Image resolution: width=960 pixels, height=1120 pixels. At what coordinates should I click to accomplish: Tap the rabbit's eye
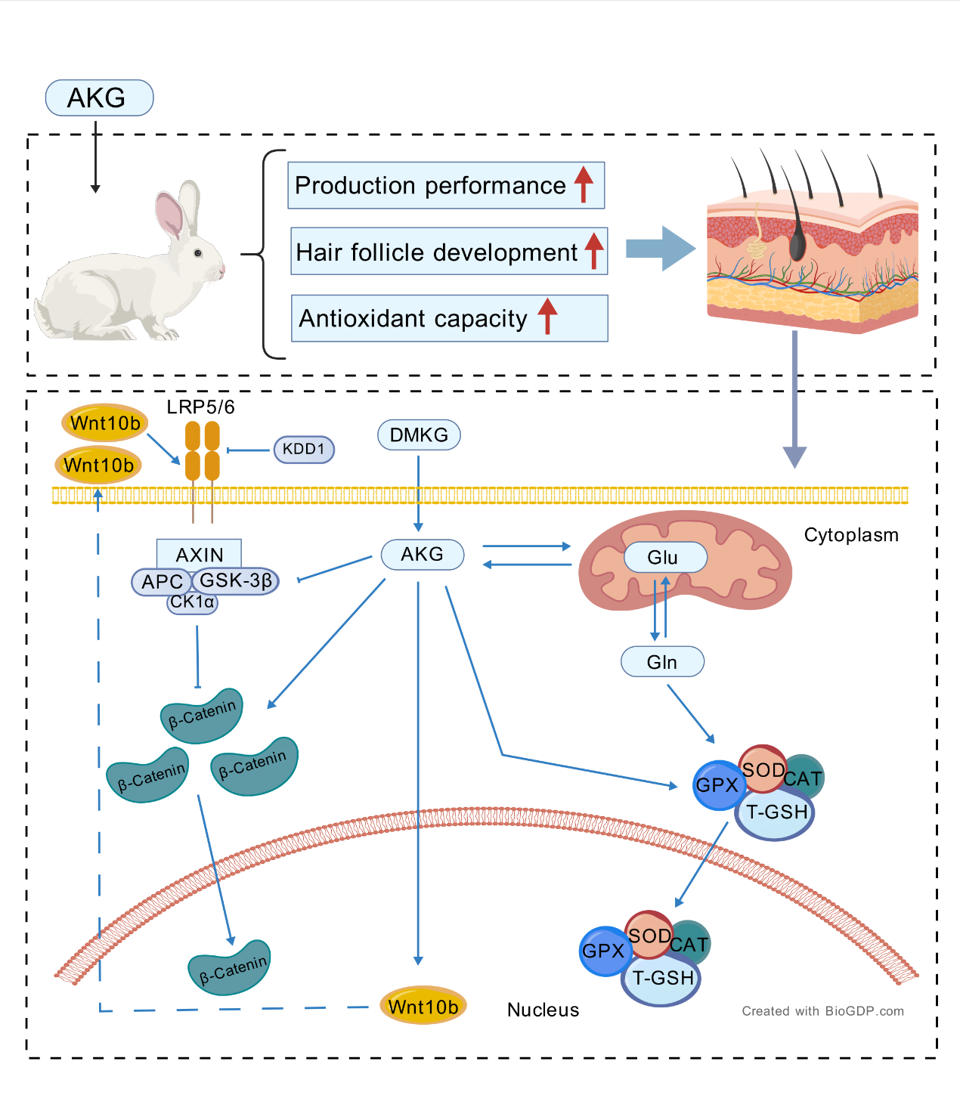(198, 253)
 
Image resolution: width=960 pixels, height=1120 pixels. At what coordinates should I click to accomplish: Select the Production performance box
(445, 185)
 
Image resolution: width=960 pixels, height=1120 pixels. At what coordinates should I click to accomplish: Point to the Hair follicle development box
(448, 252)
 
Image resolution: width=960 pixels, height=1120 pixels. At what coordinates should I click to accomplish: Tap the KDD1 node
(304, 449)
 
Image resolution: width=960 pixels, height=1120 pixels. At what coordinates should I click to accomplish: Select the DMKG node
(419, 435)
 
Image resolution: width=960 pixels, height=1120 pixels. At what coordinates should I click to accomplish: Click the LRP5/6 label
(200, 407)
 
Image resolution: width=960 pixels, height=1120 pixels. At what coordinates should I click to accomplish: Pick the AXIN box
(199, 554)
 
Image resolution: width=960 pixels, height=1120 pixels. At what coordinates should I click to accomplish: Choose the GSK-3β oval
(236, 580)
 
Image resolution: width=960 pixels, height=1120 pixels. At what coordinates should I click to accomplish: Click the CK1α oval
(192, 602)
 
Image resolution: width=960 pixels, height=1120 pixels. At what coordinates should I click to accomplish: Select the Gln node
(662, 662)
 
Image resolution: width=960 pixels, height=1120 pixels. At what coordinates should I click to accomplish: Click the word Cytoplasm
(851, 535)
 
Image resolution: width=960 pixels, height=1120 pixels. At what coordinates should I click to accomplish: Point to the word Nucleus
(543, 1010)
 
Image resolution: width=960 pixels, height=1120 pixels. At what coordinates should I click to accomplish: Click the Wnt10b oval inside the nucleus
(423, 1006)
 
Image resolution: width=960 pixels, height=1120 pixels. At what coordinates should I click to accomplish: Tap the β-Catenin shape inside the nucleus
(230, 968)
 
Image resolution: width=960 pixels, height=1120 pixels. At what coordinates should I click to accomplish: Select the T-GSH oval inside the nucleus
(662, 979)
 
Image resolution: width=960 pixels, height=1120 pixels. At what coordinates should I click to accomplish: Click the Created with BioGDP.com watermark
(822, 1011)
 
